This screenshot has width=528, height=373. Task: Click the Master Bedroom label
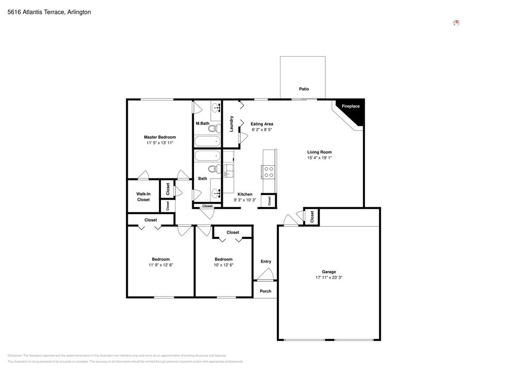[159, 137]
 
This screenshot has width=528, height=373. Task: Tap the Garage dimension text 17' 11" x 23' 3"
[329, 278]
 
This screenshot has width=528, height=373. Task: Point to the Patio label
[304, 89]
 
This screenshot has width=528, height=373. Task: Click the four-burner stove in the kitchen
[269, 171]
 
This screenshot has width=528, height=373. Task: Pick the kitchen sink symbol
[228, 171]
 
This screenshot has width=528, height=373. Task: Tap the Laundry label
[232, 123]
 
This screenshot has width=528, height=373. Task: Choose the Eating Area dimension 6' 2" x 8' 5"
[261, 129]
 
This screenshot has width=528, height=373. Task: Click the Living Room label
[319, 152]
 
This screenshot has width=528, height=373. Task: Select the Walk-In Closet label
[143, 197]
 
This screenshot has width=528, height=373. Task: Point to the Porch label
[265, 291]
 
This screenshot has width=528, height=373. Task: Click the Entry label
[266, 262]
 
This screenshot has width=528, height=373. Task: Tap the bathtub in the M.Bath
[207, 141]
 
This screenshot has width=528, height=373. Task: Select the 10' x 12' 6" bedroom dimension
[223, 265]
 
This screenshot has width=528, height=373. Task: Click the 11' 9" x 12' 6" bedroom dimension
[160, 265]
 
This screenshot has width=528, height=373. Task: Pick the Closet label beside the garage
[312, 216]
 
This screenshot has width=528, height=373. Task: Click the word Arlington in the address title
[79, 12]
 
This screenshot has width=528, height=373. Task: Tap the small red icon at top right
[456, 23]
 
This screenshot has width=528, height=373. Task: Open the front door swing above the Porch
[265, 275]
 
